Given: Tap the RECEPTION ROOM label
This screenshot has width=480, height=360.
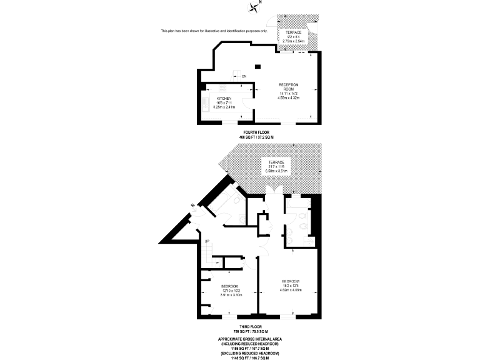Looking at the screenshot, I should [289, 87].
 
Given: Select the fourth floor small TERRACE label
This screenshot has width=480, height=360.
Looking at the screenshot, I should [293, 32].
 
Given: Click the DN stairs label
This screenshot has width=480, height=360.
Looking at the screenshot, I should [245, 76].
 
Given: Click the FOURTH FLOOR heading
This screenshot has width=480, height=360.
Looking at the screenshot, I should [257, 132].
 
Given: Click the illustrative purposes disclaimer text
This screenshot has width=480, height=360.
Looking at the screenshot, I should [214, 31].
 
